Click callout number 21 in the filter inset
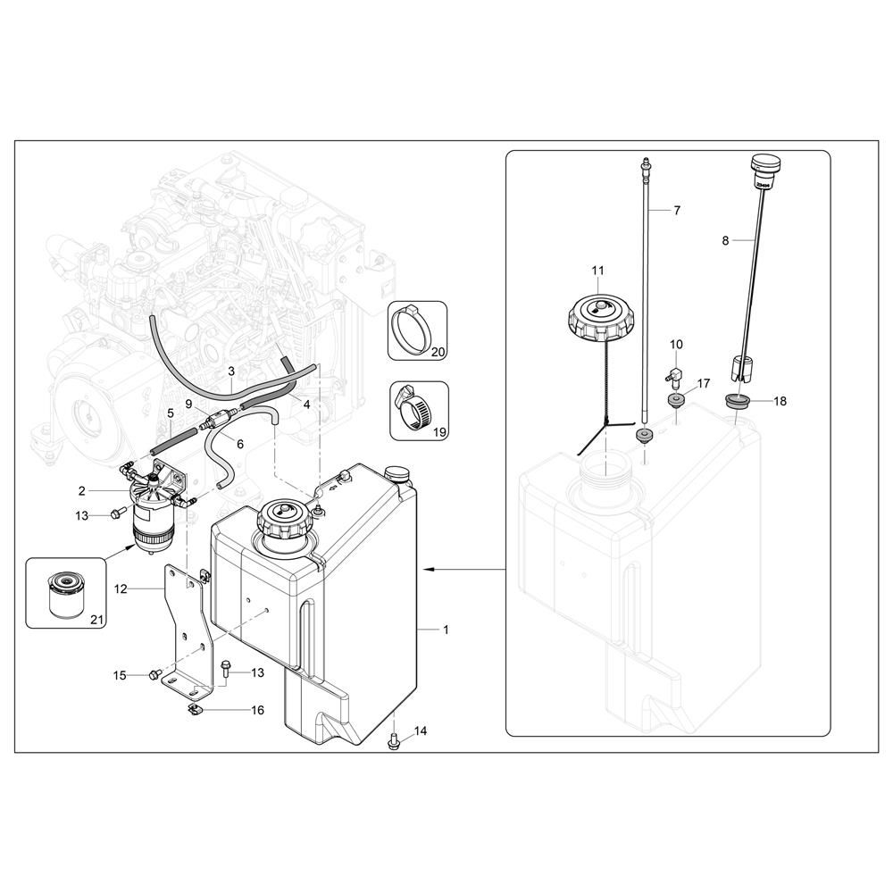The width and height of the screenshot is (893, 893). pos(97,619)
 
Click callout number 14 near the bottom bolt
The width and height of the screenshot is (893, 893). pos(421,730)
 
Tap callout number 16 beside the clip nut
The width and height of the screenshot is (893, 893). pos(257,710)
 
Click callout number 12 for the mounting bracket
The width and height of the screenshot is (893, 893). pos(121,588)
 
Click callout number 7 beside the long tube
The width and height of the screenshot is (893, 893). pos(677,211)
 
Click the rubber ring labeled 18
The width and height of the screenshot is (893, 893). pos(738,401)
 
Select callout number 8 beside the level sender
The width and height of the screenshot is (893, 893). pos(725,241)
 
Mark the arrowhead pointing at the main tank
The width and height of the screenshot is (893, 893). pos(426,569)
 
